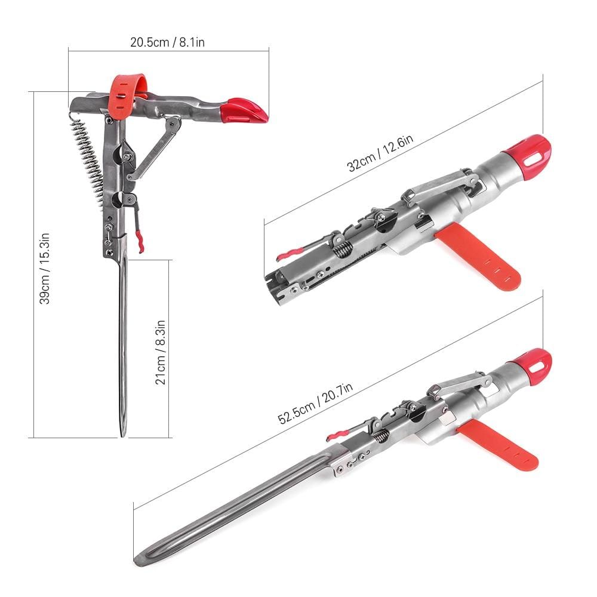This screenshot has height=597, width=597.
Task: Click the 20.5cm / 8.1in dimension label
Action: click(168, 42)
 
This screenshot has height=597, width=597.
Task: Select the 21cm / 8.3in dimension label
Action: click(160, 352)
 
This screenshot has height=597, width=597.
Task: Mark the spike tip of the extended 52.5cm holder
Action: click(139, 561)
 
